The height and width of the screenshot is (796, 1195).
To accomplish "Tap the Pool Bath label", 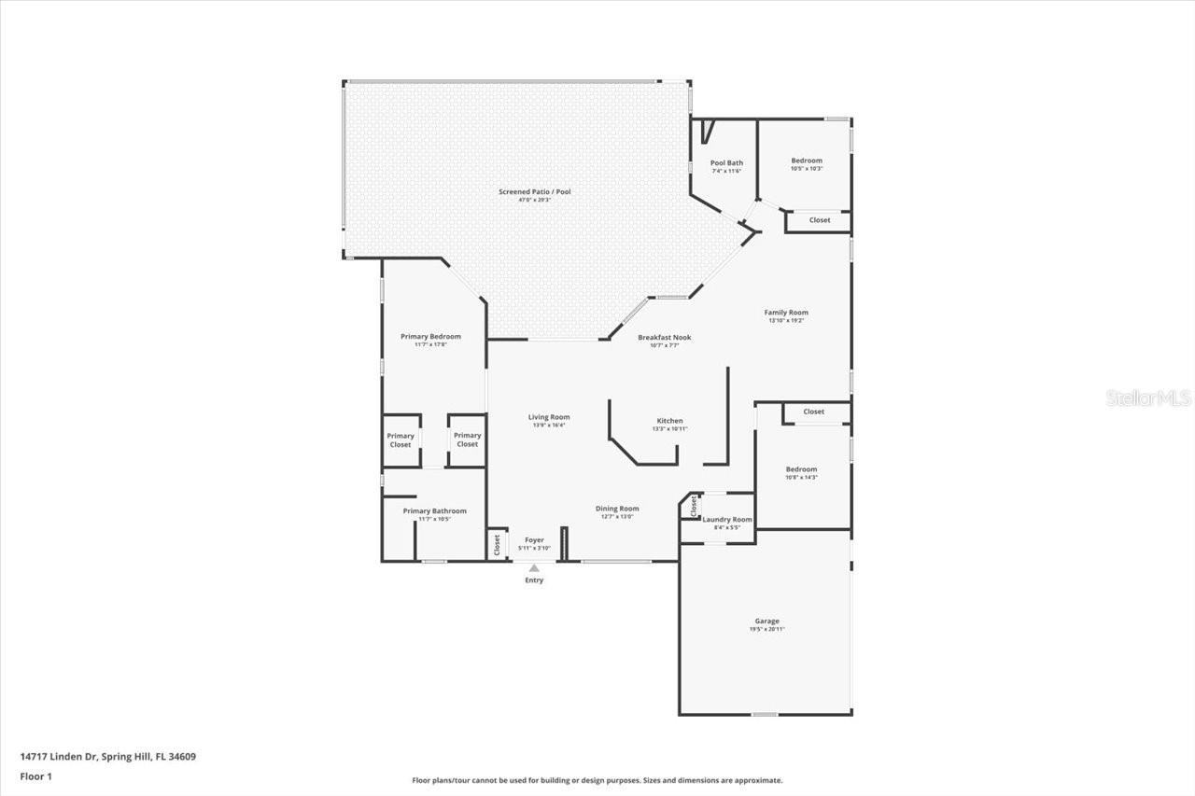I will point(727,162).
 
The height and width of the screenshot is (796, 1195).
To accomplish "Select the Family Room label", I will point(786,313).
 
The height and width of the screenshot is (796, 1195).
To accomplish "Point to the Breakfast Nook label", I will point(664,337).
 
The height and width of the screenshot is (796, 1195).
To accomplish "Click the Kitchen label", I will point(669,421).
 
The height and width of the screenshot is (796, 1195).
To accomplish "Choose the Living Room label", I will point(549,417).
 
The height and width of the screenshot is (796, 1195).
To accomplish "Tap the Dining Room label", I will point(617,509).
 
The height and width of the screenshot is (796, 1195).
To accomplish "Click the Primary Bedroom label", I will point(430,336).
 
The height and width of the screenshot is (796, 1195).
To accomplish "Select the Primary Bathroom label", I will point(434,510).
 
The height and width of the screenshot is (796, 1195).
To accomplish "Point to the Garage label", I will point(766,621).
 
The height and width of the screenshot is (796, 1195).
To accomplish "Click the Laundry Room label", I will point(727,519).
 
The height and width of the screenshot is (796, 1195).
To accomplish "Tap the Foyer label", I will point(534,539).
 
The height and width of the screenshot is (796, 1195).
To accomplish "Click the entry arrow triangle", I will point(534,567).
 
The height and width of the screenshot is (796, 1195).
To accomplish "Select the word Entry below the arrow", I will point(534,580).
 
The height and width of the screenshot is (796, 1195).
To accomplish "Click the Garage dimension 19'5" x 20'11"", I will point(766,629).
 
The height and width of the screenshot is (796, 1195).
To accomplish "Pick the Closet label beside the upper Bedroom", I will point(819,220).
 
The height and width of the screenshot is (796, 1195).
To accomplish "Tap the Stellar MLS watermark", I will point(1148,398).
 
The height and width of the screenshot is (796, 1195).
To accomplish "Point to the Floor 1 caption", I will point(35,775).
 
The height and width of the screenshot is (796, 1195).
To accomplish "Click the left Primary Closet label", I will point(401,440).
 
